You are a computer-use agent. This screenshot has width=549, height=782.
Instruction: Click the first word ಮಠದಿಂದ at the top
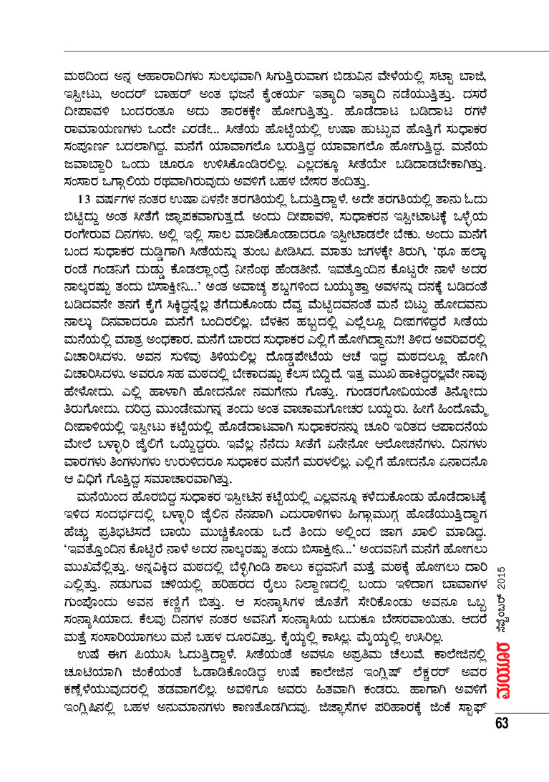pos(84,72)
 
